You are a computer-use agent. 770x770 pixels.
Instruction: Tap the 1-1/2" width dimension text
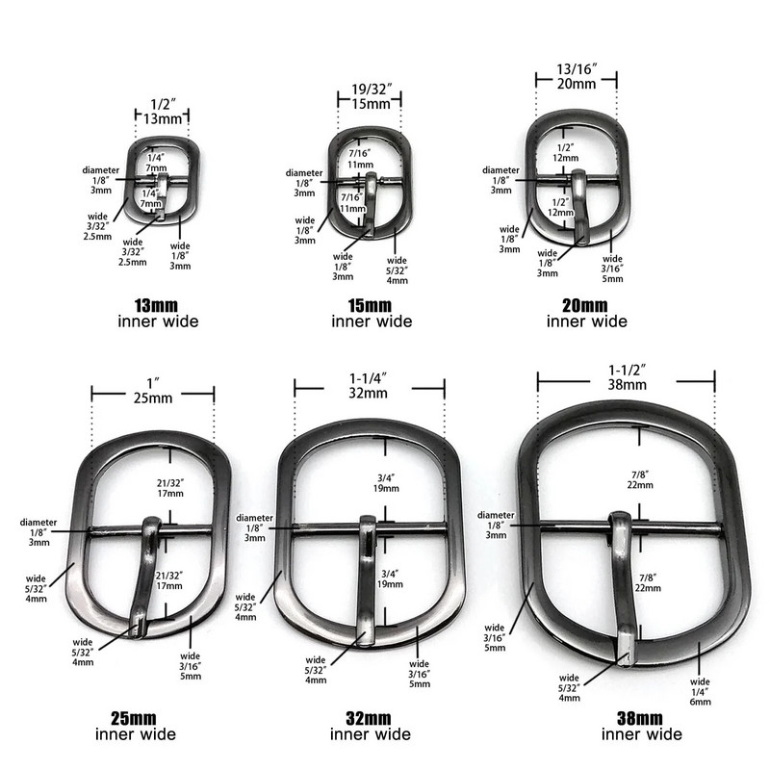point(626,368)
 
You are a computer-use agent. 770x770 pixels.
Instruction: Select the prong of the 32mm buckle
point(367,577)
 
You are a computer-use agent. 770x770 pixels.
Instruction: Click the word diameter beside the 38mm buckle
point(494,514)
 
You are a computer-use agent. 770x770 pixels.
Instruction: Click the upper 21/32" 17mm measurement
point(169,488)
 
